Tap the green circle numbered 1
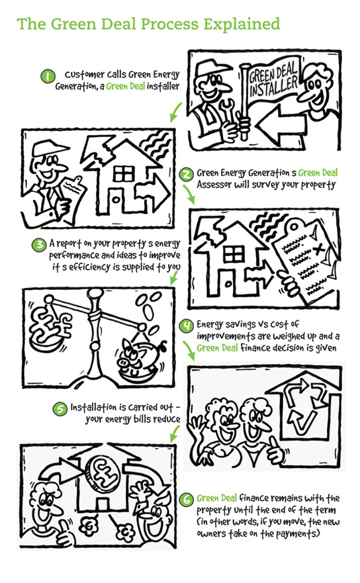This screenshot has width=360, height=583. point(48,76)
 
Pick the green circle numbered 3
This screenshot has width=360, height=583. point(38,245)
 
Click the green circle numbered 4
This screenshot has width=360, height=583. point(186,326)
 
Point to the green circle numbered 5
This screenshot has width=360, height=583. point(60,409)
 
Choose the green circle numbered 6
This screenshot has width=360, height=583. point(186,500)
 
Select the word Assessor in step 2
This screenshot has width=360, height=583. point(214,185)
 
